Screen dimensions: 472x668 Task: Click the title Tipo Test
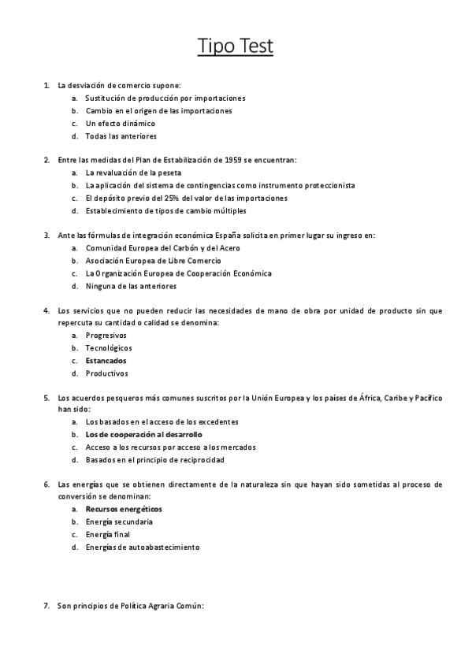coord(236,47)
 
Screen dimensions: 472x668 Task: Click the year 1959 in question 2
coord(232,160)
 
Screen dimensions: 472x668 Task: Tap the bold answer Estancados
coord(106,361)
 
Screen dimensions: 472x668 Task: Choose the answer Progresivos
coord(106,336)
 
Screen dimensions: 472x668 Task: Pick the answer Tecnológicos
coord(109,348)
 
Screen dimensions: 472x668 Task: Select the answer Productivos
coord(106,373)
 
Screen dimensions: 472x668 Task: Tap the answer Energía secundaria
coord(119,521)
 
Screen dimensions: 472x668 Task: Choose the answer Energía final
coord(108,534)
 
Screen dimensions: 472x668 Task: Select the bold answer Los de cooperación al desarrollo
coord(144,434)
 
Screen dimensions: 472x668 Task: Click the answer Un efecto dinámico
coord(121,124)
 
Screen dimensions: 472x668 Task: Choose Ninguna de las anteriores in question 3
coord(131,286)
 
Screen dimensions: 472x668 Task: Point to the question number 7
coord(46,606)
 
